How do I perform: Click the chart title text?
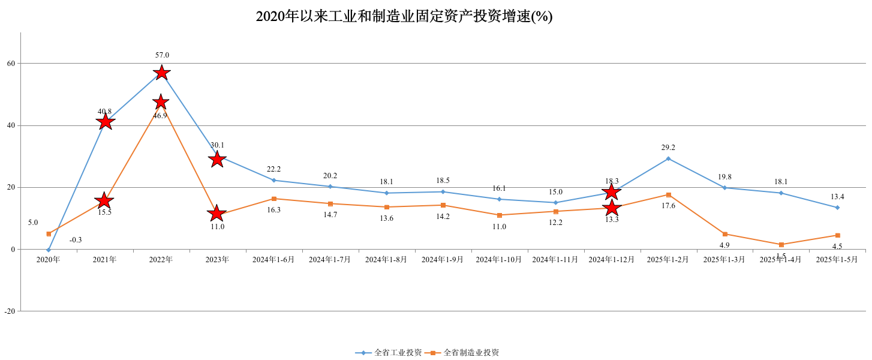[404, 16]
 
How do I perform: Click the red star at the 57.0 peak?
[161, 73]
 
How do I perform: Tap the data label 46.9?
[160, 116]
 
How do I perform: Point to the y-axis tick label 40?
[11, 125]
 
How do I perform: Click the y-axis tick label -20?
[10, 311]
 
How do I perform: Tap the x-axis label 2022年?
[161, 260]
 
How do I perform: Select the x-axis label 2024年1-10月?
[499, 260]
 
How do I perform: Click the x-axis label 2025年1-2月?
[668, 260]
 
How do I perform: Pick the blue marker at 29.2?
[668, 158]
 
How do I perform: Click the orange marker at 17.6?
[668, 195]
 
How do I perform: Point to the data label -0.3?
[76, 240]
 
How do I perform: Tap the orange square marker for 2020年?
[49, 234]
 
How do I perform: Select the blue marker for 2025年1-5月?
[837, 208]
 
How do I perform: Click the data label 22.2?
[273, 169]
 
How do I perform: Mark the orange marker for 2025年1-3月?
[724, 234]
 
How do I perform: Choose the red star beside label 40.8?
[105, 122]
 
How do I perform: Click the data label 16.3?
[273, 210]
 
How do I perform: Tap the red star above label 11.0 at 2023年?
[217, 213]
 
